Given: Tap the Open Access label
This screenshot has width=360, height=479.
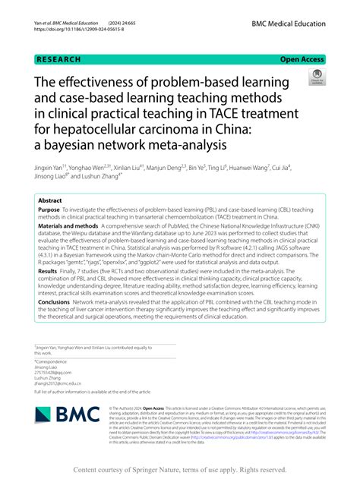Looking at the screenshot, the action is (x=303, y=58).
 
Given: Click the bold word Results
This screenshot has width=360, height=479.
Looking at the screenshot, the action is (x=48, y=270).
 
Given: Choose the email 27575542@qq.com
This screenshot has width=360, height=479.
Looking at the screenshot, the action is (x=51, y=373).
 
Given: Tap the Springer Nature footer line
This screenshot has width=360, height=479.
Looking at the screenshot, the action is (x=180, y=470).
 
